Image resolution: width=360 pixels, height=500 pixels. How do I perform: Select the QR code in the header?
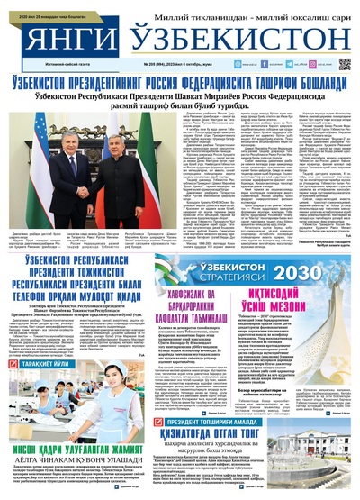(x=344, y=65)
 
